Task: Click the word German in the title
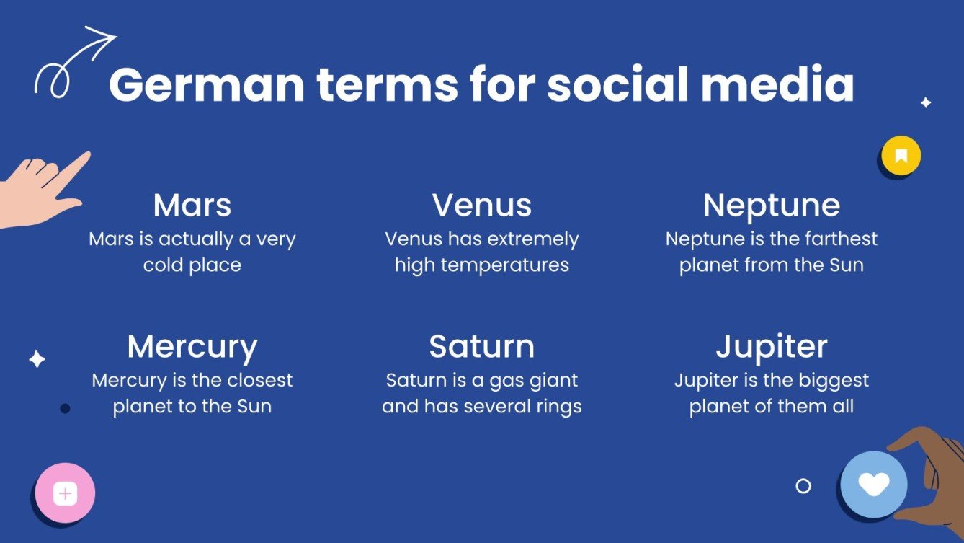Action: click(207, 85)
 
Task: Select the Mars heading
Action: click(192, 205)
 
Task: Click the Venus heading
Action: click(481, 205)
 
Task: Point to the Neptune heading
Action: click(771, 206)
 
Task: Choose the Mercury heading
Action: click(192, 348)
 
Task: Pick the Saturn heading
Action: click(481, 346)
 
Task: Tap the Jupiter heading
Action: click(771, 347)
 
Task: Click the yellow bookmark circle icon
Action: click(901, 156)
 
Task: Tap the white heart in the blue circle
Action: click(874, 484)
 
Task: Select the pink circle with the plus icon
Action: click(65, 493)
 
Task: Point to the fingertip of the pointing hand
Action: click(87, 154)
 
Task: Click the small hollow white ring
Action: click(803, 486)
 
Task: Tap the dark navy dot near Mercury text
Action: click(65, 408)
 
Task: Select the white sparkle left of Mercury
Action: click(37, 359)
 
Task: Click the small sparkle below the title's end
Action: click(926, 102)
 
